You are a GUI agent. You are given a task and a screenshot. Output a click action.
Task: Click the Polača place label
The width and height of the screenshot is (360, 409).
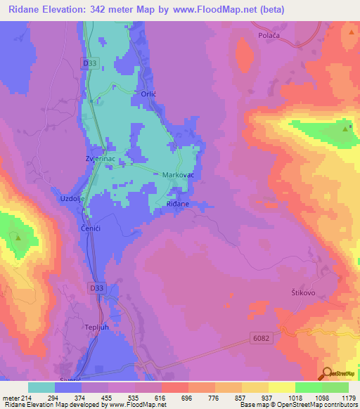(x=269, y=34)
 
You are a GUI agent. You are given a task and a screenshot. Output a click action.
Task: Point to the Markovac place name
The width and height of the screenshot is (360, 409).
(x=178, y=174)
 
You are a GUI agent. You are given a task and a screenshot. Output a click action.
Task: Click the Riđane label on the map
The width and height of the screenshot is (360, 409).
(x=178, y=203)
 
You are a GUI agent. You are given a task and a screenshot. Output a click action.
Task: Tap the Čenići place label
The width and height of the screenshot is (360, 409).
(x=89, y=229)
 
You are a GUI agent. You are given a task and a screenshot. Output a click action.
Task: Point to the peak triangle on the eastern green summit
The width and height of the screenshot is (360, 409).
(x=345, y=129)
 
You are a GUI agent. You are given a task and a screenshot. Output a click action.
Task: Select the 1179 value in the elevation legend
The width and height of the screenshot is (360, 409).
(x=349, y=396)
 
